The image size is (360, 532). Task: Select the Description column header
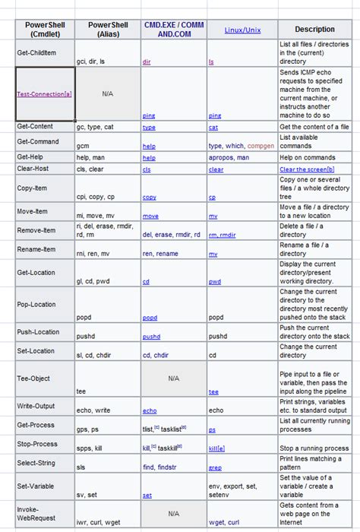pyautogui.click(x=314, y=30)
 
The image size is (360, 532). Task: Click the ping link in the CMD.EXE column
pyautogui.click(x=149, y=116)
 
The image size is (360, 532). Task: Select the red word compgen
pyautogui.click(x=261, y=144)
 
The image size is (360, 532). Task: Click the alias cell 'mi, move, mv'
pyautogui.click(x=96, y=217)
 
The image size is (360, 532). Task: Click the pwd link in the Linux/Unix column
pyautogui.click(x=215, y=281)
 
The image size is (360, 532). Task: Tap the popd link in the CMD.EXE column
pyautogui.click(x=150, y=318)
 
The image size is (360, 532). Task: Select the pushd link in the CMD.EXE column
pyautogui.click(x=151, y=336)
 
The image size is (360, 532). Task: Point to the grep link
pyautogui.click(x=215, y=467)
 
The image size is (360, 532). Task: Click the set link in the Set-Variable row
pyautogui.click(x=147, y=495)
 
